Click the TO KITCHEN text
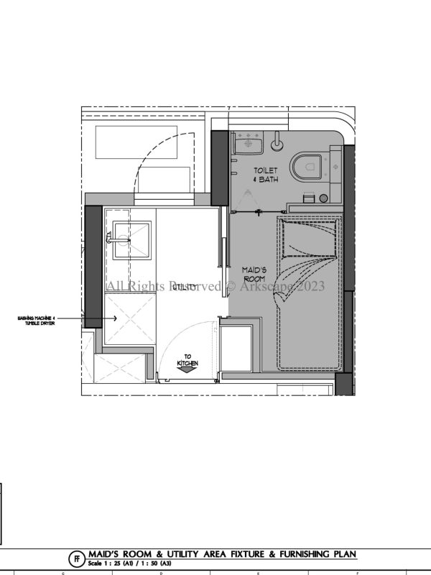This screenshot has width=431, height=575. coord(188,361)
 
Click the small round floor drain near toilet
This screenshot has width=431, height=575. coord(324,198)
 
